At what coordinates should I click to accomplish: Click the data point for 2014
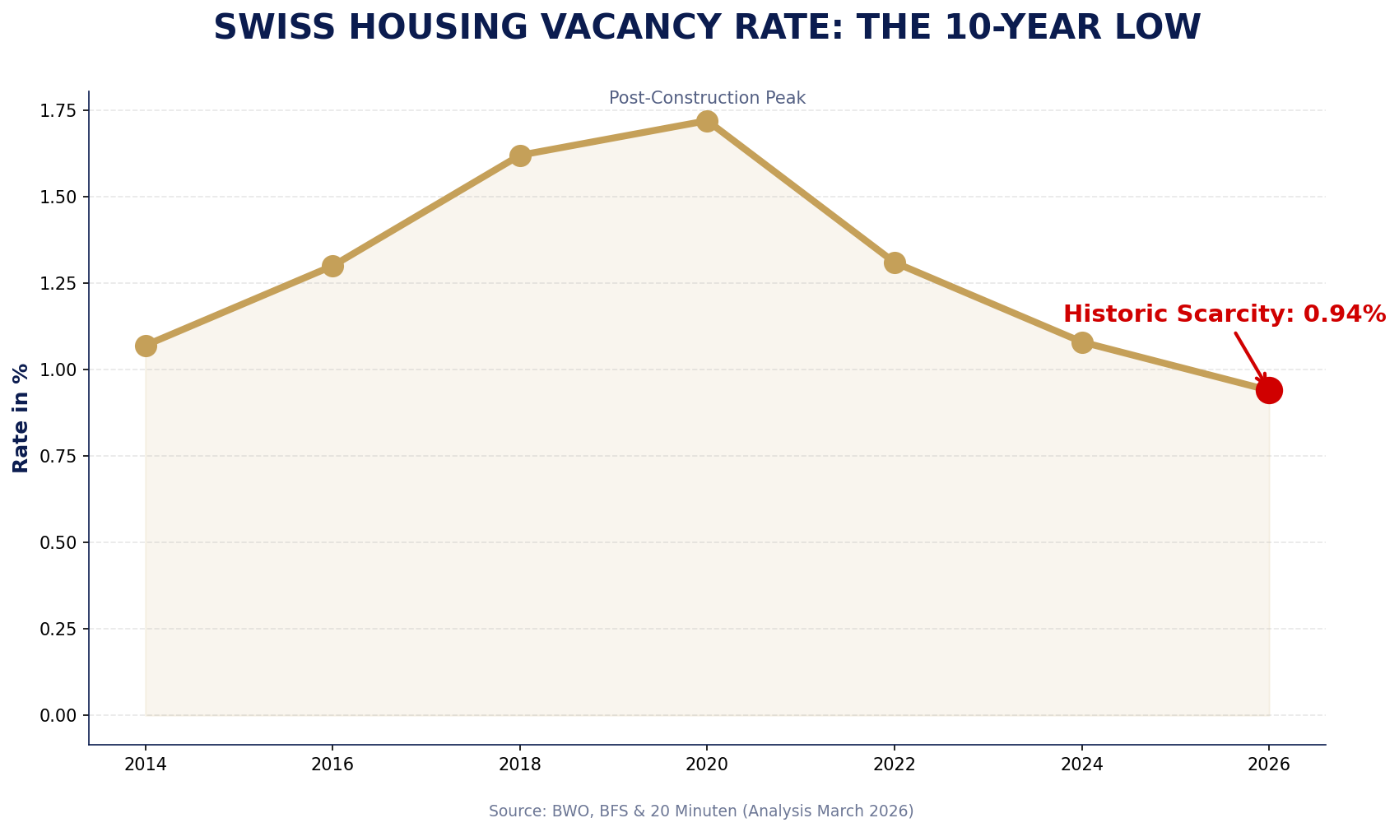point(146,346)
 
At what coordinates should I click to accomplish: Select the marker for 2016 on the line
point(332,266)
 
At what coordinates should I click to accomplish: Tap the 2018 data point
point(520,156)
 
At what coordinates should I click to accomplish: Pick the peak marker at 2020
point(707,121)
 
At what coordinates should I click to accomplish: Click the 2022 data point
point(895,263)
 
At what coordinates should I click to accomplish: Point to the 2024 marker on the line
point(1082,342)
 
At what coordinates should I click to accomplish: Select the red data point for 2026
point(1269,390)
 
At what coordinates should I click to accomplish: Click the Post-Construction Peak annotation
point(707,98)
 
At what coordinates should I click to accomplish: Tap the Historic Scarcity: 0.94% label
point(1224,314)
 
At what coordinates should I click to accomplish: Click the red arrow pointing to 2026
point(1251,357)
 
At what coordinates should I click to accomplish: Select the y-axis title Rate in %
point(21,418)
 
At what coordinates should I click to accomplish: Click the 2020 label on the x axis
point(707,765)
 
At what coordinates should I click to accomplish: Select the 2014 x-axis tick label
point(146,765)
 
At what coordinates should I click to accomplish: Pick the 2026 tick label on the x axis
point(1269,765)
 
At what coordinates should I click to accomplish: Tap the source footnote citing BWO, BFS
point(701,811)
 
